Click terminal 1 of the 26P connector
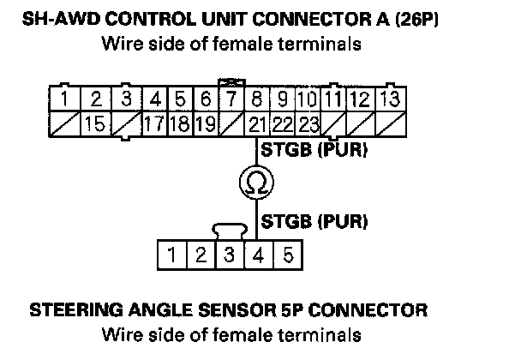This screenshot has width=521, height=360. tap(67, 99)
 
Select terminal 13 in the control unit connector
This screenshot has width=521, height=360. tap(388, 99)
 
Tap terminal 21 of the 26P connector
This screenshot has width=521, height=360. tap(260, 123)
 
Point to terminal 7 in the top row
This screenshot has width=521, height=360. tap(230, 99)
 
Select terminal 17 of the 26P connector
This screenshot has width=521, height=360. tap(154, 123)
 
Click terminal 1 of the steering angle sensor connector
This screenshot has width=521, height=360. tap(173, 255)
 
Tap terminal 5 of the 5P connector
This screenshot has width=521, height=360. tap(289, 255)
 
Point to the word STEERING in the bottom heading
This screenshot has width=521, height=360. tap(73, 310)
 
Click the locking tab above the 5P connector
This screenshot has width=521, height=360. tap(229, 230)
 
